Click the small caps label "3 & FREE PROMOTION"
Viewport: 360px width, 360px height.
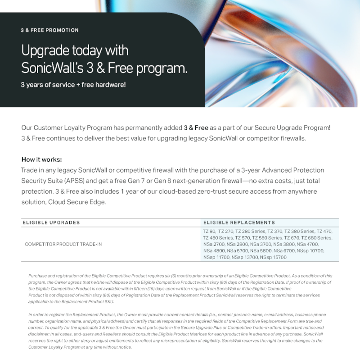click(x=49, y=30)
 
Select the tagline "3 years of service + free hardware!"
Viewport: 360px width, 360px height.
click(x=73, y=85)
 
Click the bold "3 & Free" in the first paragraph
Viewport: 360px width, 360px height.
click(x=196, y=128)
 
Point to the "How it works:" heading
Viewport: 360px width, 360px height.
click(x=41, y=159)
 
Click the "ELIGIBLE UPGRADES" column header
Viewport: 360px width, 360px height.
click(x=51, y=223)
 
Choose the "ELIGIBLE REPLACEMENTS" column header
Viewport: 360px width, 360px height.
click(x=239, y=223)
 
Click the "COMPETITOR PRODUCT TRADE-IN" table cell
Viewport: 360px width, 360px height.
click(x=63, y=244)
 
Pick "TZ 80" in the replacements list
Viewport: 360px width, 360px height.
click(x=209, y=231)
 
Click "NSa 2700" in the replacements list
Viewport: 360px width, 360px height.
click(x=214, y=244)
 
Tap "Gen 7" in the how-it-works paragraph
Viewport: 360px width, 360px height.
click(x=218, y=181)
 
